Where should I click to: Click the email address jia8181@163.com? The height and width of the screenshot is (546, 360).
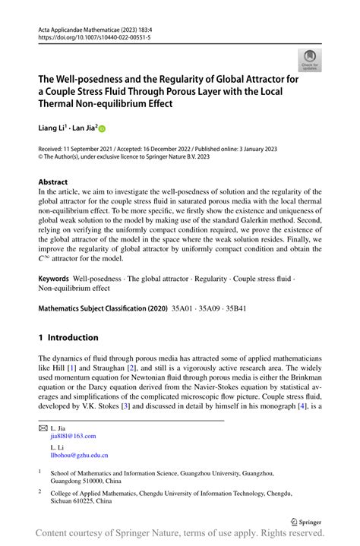click(73, 437)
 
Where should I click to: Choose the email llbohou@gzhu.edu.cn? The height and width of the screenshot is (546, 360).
click(79, 455)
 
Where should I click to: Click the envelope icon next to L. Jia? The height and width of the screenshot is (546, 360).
click(43, 428)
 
